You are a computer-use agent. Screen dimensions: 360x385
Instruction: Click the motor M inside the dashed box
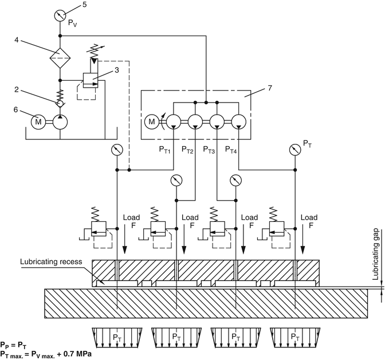pyautogui.click(x=152, y=122)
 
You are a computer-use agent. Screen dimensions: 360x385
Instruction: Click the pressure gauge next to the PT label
pyautogui.click(x=295, y=150)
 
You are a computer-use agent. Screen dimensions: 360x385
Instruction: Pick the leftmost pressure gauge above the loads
pyautogui.click(x=117, y=150)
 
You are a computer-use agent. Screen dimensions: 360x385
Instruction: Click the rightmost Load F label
pyautogui.click(x=309, y=221)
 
